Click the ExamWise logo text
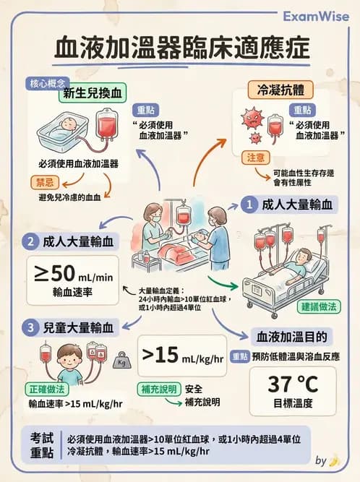tap(315, 15)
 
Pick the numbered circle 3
tap(30, 327)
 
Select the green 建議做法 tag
tap(320, 306)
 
